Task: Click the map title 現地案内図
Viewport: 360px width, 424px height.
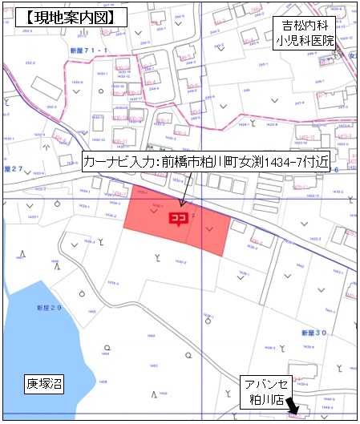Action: [x=70, y=16]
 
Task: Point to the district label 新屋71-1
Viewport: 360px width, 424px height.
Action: [x=88, y=50]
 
